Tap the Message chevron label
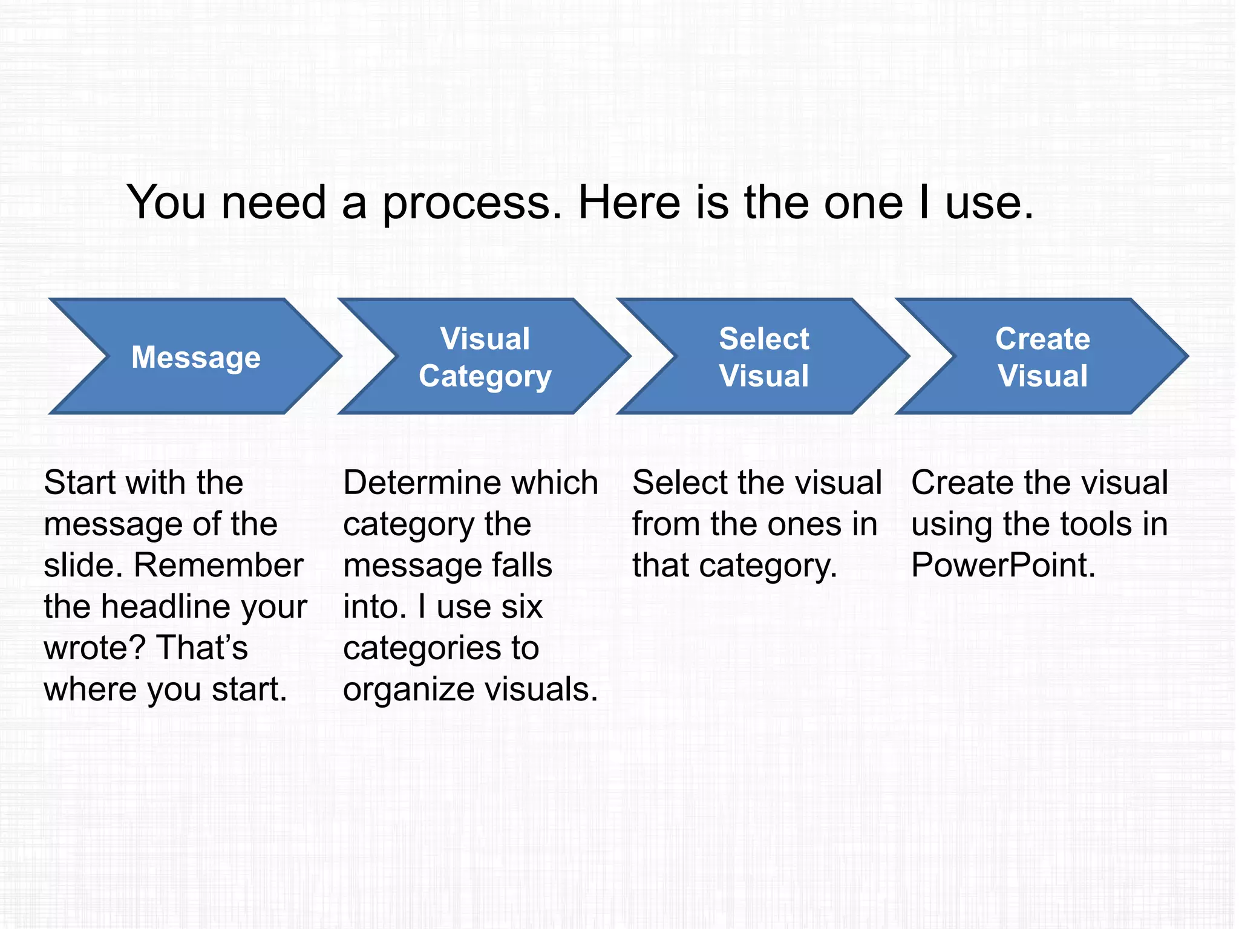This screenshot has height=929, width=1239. coord(196,357)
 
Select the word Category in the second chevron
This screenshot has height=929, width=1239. coord(485,377)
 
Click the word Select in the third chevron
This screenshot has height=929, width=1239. coord(763,338)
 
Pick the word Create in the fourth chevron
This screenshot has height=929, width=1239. coord(1042,338)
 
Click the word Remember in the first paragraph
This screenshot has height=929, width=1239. coord(218,566)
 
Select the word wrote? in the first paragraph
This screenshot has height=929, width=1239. coord(95,648)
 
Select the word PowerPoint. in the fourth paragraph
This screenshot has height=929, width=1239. coord(1003,566)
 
